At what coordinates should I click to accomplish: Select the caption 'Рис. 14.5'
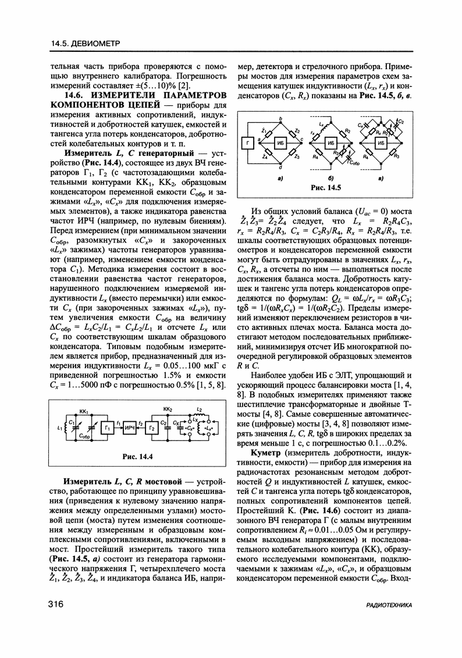pyautogui.click(x=325, y=188)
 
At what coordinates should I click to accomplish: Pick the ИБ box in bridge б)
pyautogui.click(x=332, y=143)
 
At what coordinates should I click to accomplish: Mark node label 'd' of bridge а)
pyautogui.click(x=280, y=168)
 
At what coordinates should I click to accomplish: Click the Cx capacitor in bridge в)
pyautogui.click(x=364, y=127)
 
